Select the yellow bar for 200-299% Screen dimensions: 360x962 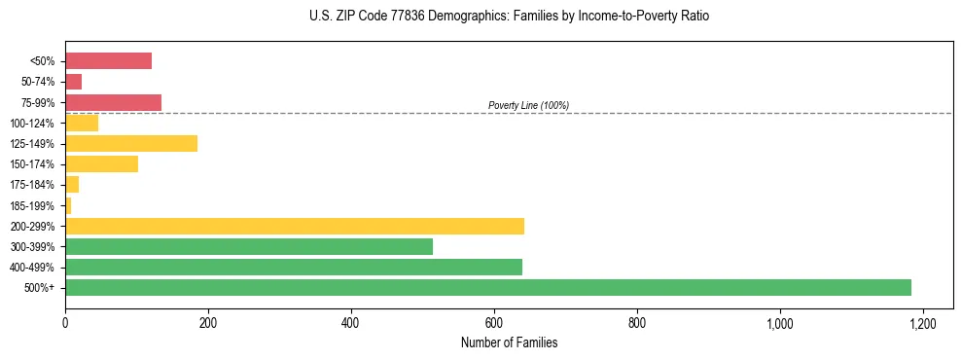295,226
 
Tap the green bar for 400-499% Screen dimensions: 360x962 294,267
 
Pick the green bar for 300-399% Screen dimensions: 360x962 249,246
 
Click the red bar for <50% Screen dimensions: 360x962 108,61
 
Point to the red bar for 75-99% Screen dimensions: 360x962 113,102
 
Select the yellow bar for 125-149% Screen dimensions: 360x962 131,143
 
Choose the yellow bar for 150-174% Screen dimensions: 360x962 101,163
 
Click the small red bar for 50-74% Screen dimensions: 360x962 73,82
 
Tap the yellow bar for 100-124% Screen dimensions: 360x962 82,123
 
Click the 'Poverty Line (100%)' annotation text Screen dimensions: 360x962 528,105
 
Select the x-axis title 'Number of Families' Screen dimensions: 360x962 509,342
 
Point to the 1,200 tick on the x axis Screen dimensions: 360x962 923,322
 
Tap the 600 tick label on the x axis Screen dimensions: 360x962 494,322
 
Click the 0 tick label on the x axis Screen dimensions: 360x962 65,322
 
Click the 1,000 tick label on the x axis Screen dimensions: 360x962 780,322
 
